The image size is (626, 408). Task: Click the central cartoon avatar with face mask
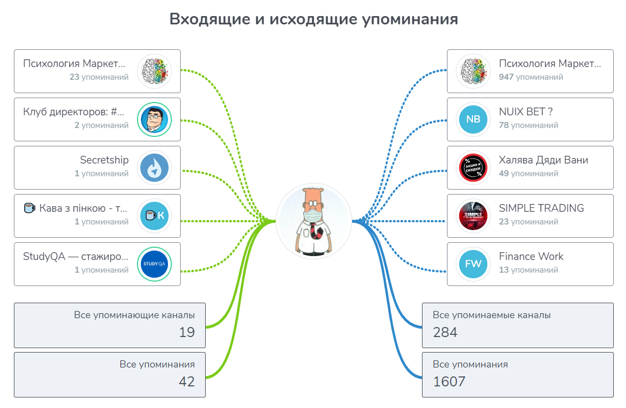coord(314,221)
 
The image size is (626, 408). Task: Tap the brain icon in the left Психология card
coord(155,72)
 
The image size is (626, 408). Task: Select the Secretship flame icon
coord(155,167)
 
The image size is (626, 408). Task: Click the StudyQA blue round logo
coord(155,264)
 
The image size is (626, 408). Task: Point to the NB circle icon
coord(473,119)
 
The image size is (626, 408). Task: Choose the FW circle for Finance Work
coord(473,264)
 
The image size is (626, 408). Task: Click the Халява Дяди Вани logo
coord(473,167)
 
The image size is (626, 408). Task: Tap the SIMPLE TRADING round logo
coord(473,216)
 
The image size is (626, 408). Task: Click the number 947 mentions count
coord(506,77)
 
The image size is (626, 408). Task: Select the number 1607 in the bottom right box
coord(449,381)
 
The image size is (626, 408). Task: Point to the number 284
coord(445,332)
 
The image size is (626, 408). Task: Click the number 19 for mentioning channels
coord(187,332)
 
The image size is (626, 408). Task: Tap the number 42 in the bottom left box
coord(187,381)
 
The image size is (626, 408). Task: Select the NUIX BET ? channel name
coord(526,112)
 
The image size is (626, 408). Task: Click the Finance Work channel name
coord(531,256)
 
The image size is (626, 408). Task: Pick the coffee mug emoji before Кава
coord(29,208)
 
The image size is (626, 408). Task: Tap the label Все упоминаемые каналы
coord(491,315)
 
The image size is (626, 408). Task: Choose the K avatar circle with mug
coord(155,216)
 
